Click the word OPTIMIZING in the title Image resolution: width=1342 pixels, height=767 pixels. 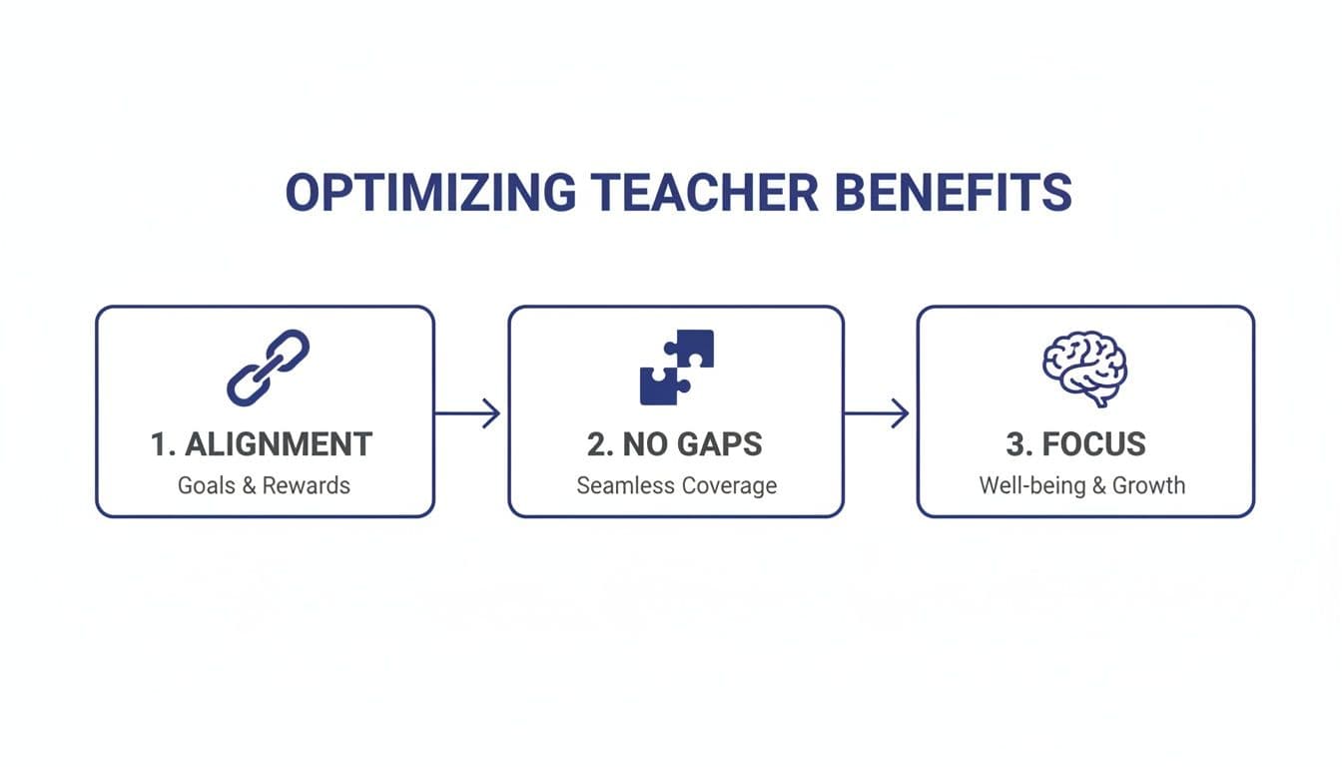click(x=430, y=193)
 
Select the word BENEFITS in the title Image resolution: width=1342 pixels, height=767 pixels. click(x=954, y=193)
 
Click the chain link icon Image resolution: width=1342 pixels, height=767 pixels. click(x=268, y=368)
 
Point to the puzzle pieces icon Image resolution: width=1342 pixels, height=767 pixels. click(x=677, y=367)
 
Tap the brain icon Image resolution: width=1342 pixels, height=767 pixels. click(x=1084, y=369)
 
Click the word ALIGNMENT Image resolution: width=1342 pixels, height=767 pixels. click(x=279, y=444)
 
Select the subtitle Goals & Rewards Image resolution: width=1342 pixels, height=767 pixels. click(x=264, y=486)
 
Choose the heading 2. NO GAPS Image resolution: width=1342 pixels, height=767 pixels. click(x=676, y=444)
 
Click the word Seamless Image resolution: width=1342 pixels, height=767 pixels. click(x=624, y=486)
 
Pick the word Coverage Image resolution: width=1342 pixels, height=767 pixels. click(x=728, y=486)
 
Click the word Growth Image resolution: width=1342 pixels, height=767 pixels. click(x=1148, y=486)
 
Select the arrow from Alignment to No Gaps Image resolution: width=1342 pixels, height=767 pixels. click(x=468, y=412)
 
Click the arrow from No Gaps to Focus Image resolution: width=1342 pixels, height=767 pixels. click(x=877, y=412)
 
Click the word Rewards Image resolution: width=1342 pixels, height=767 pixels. click(x=308, y=486)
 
